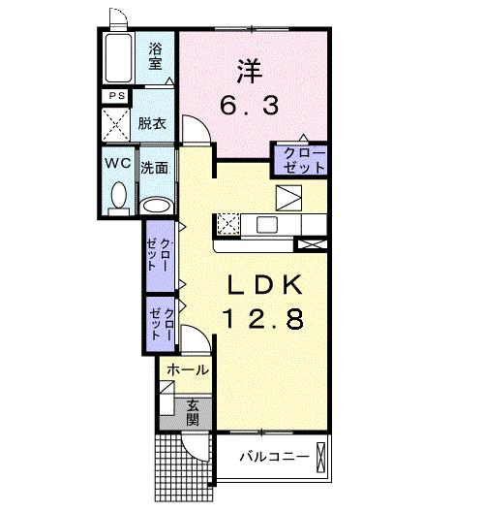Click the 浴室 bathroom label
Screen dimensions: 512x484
[x=155, y=55]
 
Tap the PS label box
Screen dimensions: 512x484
[x=116, y=96]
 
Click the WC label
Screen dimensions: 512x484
[x=118, y=163]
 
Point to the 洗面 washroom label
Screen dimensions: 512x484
[x=155, y=168]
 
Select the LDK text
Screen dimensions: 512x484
[x=266, y=287]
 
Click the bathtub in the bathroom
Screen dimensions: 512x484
[x=121, y=57]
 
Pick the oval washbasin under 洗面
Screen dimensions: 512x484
[x=155, y=205]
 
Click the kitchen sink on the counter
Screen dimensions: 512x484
[x=266, y=224]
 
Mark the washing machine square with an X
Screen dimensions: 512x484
[x=117, y=125]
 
